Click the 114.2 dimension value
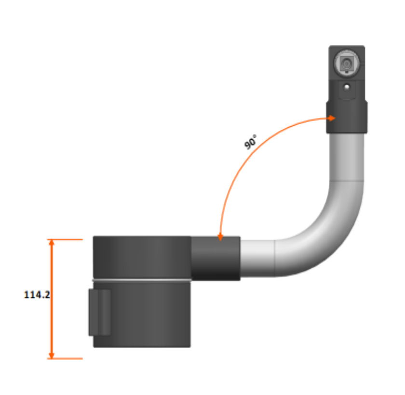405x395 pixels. click(37, 295)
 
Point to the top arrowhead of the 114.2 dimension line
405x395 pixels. click(52, 242)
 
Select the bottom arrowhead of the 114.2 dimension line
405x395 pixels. click(52, 355)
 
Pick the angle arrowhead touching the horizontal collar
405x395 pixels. click(220, 237)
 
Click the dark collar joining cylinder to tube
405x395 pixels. click(216, 258)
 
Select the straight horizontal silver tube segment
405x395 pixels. click(257, 258)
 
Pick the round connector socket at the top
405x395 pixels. click(346, 63)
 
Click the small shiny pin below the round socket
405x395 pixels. click(346, 87)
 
